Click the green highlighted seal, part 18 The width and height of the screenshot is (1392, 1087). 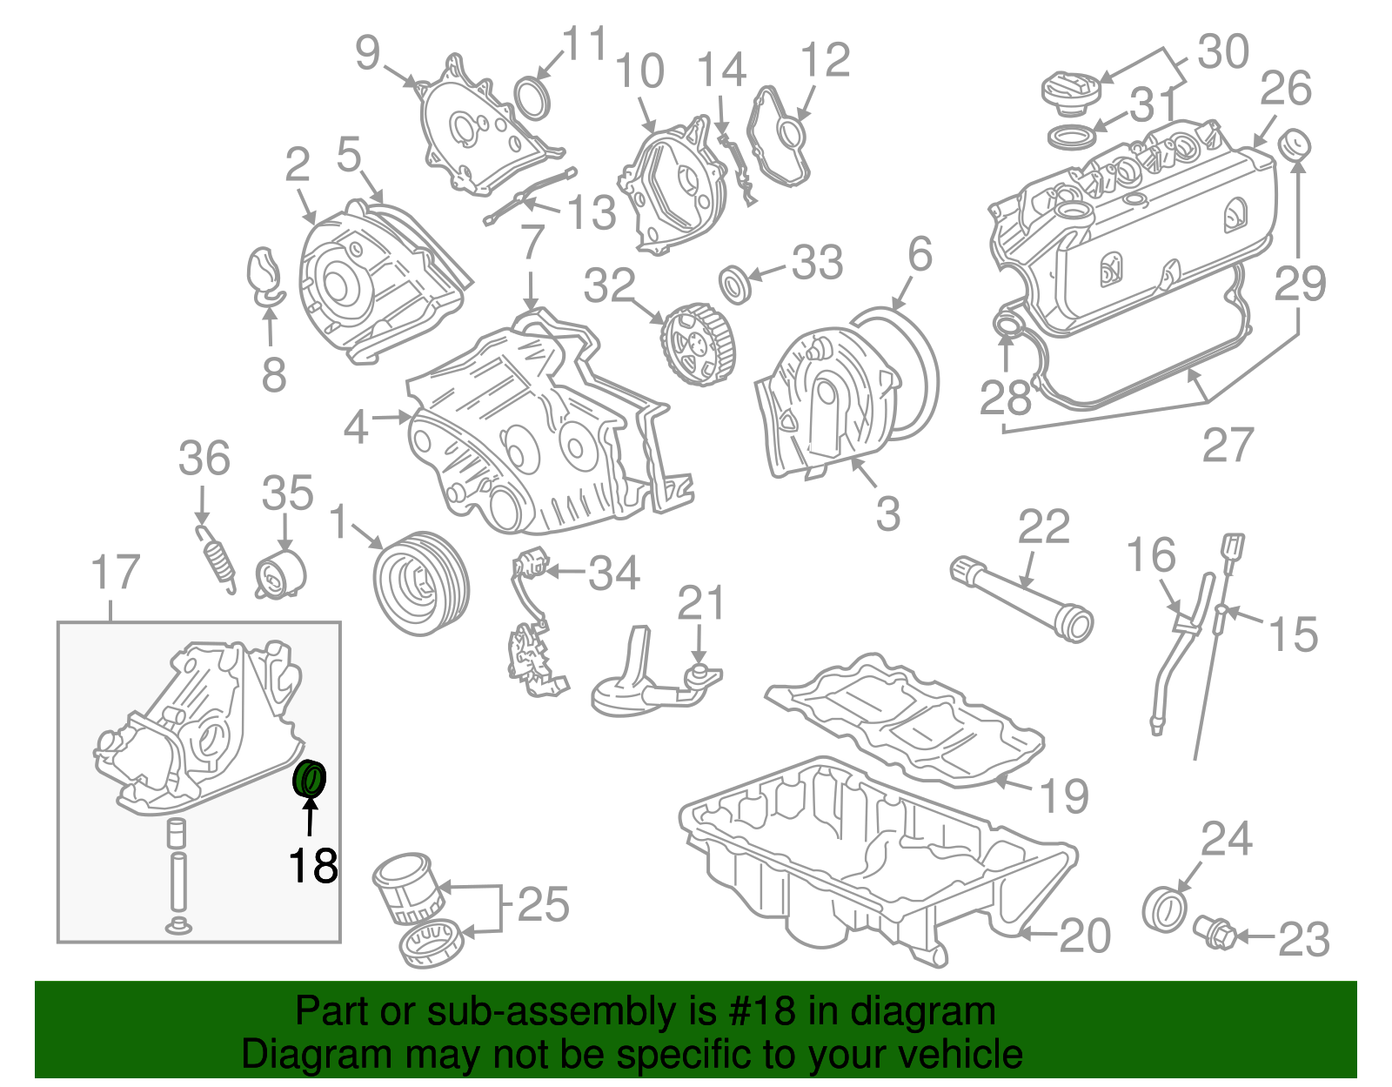pyautogui.click(x=309, y=778)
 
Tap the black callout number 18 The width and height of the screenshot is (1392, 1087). pyautogui.click(x=313, y=866)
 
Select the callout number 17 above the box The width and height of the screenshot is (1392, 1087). pyautogui.click(x=115, y=573)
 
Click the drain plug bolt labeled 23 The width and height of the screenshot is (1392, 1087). pyautogui.click(x=1215, y=933)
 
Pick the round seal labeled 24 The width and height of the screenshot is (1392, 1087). pyautogui.click(x=1164, y=909)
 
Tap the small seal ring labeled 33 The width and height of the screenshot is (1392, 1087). pyautogui.click(x=736, y=285)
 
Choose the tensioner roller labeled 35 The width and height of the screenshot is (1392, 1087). pyautogui.click(x=281, y=574)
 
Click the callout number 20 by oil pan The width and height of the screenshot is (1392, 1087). pyautogui.click(x=1085, y=936)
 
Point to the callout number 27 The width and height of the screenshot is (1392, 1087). pyautogui.click(x=1228, y=445)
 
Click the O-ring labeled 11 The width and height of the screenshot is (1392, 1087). pyautogui.click(x=532, y=97)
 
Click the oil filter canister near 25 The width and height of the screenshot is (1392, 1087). pyautogui.click(x=403, y=889)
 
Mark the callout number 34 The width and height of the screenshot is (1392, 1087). pyautogui.click(x=614, y=574)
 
